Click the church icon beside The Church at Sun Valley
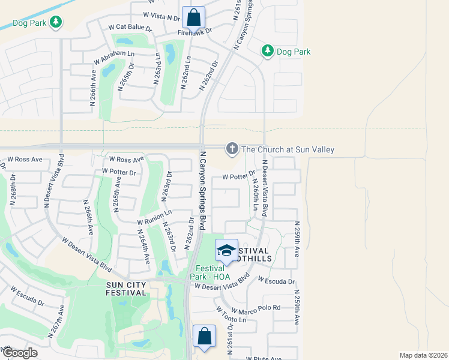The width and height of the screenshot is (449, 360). point(232,149)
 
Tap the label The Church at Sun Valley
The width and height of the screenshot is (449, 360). point(286,149)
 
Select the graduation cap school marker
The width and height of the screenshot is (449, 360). point(226,250)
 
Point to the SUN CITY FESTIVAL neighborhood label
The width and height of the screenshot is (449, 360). point(126,289)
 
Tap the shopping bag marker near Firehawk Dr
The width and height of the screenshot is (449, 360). point(193,17)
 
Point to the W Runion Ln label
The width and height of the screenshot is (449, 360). point(154,216)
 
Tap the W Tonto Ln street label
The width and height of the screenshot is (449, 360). point(231,316)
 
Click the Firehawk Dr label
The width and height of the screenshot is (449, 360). point(195,32)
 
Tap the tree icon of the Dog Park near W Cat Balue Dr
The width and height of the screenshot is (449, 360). point(56,22)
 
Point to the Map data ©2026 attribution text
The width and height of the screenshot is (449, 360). point(423,355)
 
